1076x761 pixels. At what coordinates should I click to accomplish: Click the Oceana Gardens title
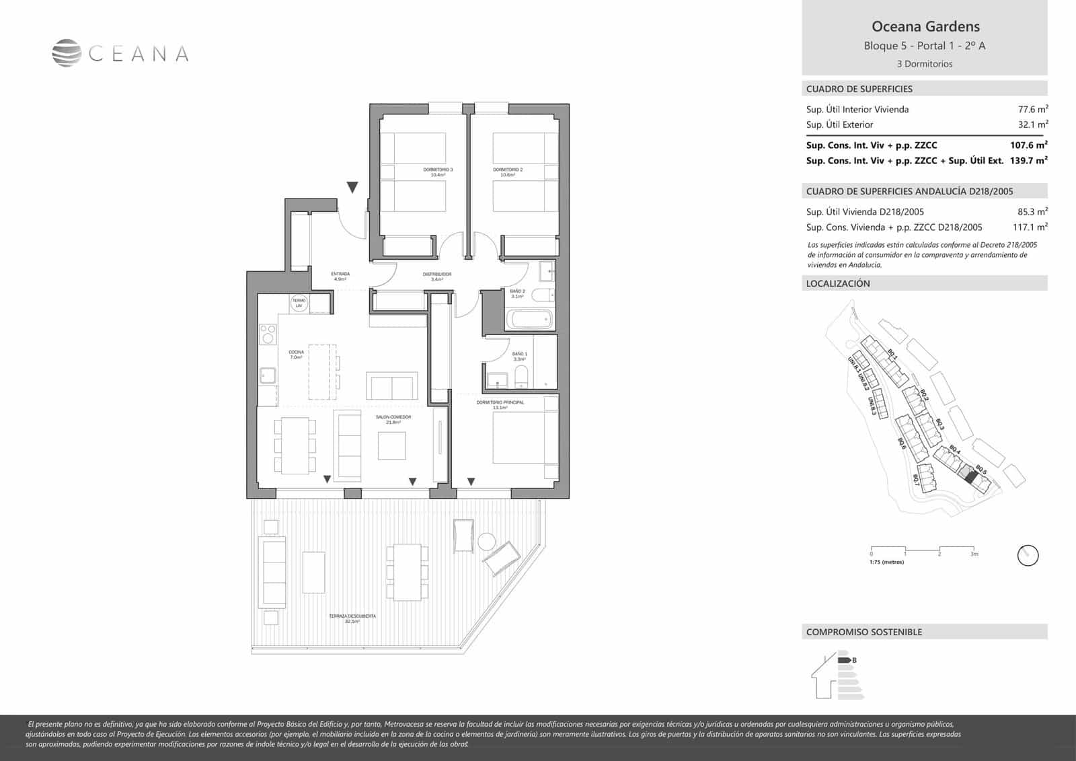coord(925,27)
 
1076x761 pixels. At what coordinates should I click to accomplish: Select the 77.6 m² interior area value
coord(1033,109)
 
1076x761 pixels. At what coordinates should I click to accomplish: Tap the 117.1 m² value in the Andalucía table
coord(1030,227)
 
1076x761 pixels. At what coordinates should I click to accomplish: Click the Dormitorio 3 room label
coord(438,172)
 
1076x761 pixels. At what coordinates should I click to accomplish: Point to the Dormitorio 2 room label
coord(508,172)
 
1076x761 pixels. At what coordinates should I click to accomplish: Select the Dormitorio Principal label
coord(500,404)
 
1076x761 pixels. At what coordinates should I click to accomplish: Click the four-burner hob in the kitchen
coord(268,334)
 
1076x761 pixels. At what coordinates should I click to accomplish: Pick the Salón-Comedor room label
coord(393,419)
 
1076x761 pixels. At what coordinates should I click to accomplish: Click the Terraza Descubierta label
coord(352,618)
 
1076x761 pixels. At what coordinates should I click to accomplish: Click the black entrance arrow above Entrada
coord(352,188)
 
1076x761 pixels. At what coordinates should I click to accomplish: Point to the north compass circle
coord(1027,555)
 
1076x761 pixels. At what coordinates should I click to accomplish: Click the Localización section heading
coord(838,283)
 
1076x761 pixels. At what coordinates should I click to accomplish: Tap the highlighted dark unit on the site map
coord(970,476)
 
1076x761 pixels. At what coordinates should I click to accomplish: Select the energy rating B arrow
coord(845,660)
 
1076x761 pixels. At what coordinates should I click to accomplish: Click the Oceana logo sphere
coord(67,53)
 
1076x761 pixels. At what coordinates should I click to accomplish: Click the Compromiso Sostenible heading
coord(863,632)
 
